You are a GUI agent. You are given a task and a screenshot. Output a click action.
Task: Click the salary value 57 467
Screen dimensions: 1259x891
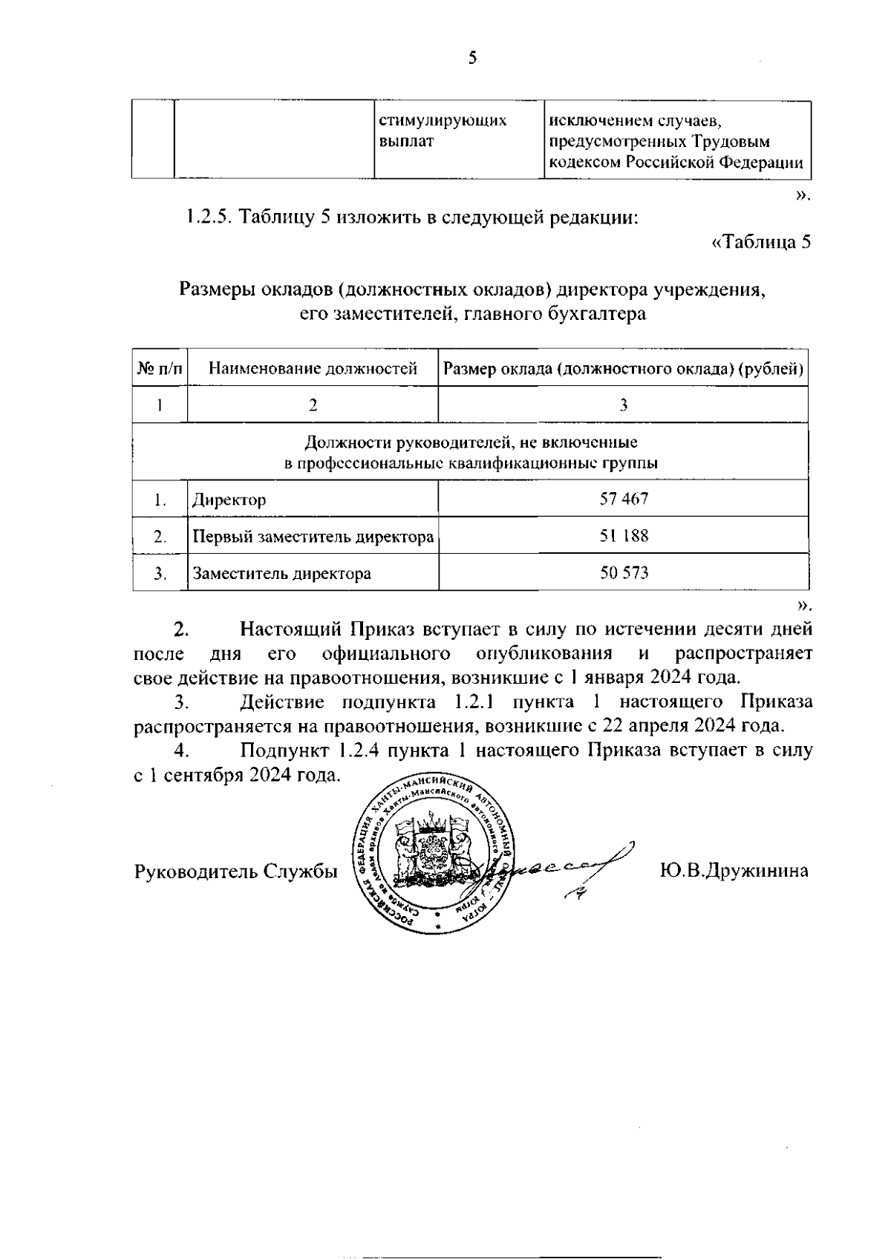tap(624, 499)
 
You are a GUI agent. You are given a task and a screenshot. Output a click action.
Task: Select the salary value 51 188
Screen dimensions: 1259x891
tap(624, 535)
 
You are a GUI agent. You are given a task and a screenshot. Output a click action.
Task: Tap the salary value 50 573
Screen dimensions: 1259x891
tap(624, 573)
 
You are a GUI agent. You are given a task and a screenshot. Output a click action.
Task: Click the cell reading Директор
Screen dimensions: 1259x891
tap(229, 500)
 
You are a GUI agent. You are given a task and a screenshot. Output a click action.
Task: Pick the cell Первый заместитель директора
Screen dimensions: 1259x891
tap(313, 536)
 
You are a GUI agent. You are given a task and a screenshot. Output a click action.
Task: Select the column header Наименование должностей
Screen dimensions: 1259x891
tap(313, 368)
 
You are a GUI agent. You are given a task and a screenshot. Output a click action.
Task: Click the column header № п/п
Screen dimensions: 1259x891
tap(160, 368)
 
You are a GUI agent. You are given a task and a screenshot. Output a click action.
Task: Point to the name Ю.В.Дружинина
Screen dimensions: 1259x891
tap(734, 871)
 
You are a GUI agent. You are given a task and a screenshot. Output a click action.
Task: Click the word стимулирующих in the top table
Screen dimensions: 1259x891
tap(443, 121)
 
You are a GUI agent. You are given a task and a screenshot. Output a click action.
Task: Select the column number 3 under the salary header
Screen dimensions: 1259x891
tap(624, 405)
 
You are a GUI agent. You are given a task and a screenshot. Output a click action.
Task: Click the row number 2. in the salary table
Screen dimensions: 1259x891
tap(160, 536)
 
